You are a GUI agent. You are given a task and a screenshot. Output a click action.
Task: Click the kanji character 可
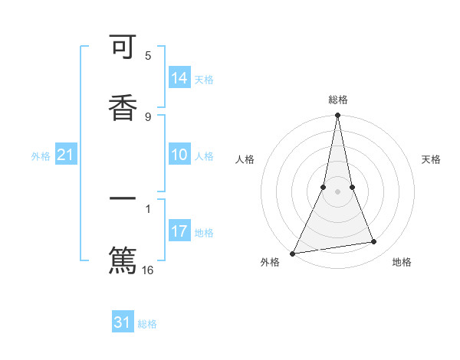pos(123,50)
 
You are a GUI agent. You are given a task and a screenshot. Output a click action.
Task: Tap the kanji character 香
pos(123,106)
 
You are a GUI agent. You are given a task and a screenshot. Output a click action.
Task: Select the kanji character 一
pos(123,201)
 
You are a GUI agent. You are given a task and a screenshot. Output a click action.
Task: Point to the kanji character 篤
pos(123,259)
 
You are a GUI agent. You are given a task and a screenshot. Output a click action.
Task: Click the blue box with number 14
pos(179,77)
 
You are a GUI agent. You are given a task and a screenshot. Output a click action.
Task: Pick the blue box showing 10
pos(179,155)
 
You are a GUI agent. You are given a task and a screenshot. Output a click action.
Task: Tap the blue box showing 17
pos(179,231)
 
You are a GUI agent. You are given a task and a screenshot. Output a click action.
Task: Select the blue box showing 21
pos(66,155)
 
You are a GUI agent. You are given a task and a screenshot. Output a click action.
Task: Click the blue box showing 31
pos(123,322)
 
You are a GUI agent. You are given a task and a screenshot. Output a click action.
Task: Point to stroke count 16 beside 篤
pos(148,270)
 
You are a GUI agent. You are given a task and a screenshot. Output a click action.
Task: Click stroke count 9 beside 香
pos(148,116)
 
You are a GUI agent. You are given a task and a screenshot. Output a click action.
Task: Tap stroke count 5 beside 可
pos(148,55)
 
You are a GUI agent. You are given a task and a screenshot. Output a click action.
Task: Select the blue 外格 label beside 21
pos(41,156)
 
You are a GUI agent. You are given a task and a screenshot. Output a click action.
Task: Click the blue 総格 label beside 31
pos(148,324)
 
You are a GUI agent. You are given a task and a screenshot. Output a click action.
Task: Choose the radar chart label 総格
pos(338,100)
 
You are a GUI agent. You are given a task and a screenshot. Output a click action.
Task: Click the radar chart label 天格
pos(432,159)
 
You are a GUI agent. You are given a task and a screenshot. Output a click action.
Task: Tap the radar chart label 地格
pos(402,263)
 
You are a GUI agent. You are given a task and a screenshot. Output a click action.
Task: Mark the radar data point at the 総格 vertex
pos(337,116)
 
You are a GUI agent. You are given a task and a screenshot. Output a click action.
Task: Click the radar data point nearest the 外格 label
pos(293,253)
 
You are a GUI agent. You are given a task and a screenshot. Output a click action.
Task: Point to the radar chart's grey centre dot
pos(337,191)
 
